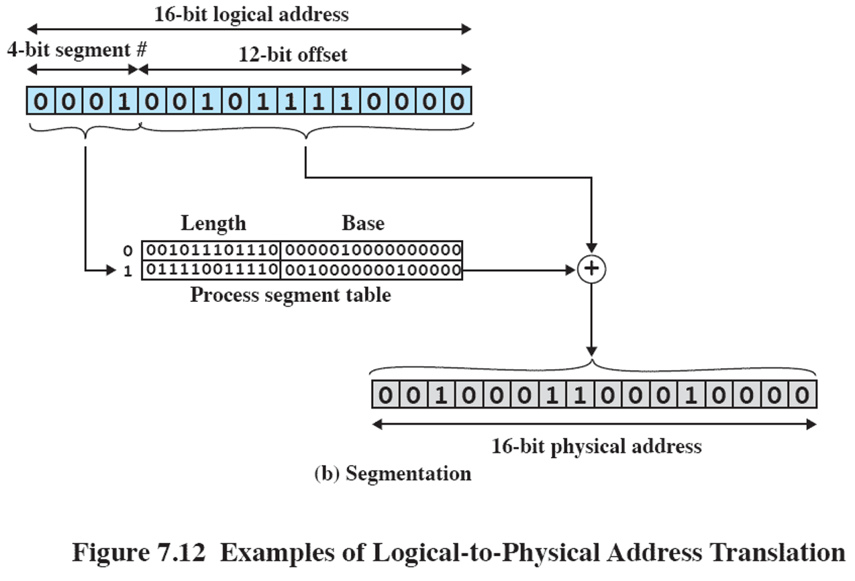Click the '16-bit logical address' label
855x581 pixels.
[x=252, y=15]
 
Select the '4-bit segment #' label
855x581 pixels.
[x=77, y=50]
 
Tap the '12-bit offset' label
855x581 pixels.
[x=293, y=54]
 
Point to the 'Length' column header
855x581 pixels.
[x=213, y=223]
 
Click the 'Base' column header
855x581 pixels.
[x=363, y=223]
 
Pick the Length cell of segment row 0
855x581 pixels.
[x=211, y=250]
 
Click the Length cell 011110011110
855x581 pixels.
[x=211, y=270]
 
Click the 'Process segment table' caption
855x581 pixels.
[x=290, y=295]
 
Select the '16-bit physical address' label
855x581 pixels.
[x=596, y=446]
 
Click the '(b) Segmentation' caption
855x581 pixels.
[x=393, y=474]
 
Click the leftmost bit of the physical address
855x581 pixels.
[x=384, y=395]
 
